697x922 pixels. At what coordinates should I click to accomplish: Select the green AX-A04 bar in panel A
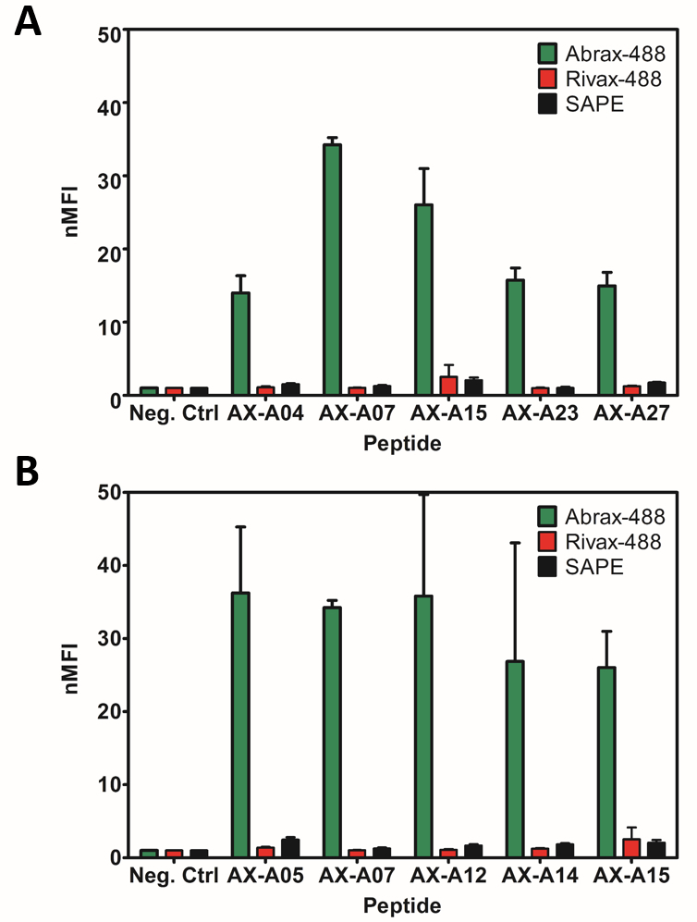click(x=240, y=344)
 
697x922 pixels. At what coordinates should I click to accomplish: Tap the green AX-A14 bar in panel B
click(x=515, y=758)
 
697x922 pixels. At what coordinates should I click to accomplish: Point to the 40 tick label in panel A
click(x=109, y=105)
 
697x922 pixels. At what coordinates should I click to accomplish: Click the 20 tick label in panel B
click(x=109, y=711)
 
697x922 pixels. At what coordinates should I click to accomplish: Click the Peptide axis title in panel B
click(x=401, y=904)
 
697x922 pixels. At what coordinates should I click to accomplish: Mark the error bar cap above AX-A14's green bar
click(x=515, y=543)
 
